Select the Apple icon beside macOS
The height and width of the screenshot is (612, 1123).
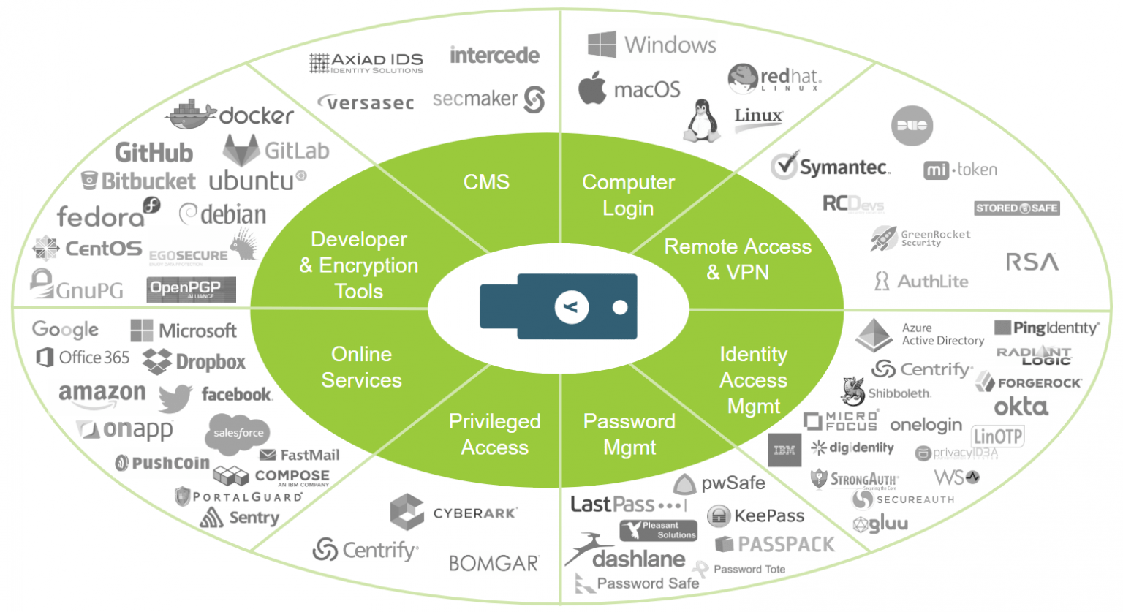(592, 89)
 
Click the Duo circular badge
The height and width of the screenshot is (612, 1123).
(912, 126)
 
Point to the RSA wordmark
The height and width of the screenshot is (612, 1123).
(1032, 262)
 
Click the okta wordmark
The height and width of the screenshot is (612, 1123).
(1021, 407)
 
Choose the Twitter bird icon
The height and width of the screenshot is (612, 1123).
(175, 398)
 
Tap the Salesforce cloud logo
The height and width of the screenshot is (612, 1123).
(238, 432)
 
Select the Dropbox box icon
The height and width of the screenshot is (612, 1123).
(156, 361)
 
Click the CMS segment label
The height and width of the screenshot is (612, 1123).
(486, 182)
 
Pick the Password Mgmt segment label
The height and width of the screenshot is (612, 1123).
(629, 434)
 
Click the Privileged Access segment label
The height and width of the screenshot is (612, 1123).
(494, 434)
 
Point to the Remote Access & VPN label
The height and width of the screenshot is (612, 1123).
(737, 260)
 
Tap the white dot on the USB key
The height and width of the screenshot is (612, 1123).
(620, 307)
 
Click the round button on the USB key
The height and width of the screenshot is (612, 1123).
(571, 307)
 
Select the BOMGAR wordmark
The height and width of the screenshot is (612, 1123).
(494, 563)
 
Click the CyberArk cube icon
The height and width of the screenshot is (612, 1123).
(407, 511)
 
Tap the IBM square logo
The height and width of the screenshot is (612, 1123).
(784, 450)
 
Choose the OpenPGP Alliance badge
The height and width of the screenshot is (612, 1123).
(191, 290)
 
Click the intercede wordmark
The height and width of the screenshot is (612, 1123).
(494, 56)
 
